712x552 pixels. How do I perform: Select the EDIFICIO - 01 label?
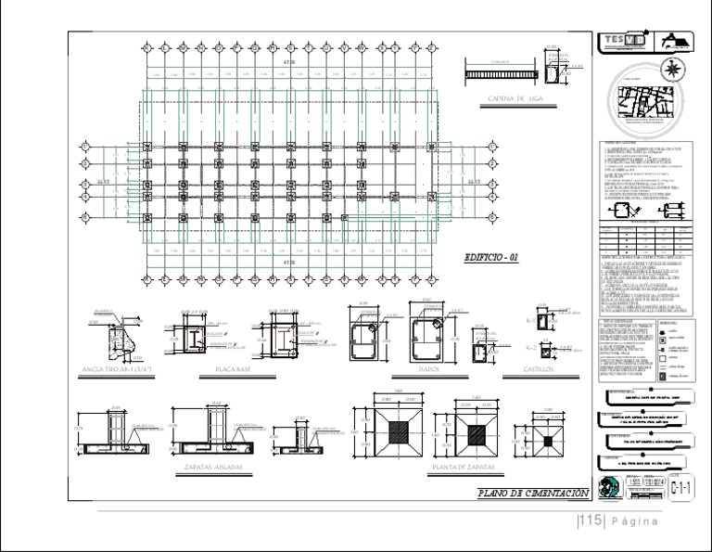pos(490,258)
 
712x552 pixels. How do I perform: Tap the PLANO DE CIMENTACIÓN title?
pos(531,492)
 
